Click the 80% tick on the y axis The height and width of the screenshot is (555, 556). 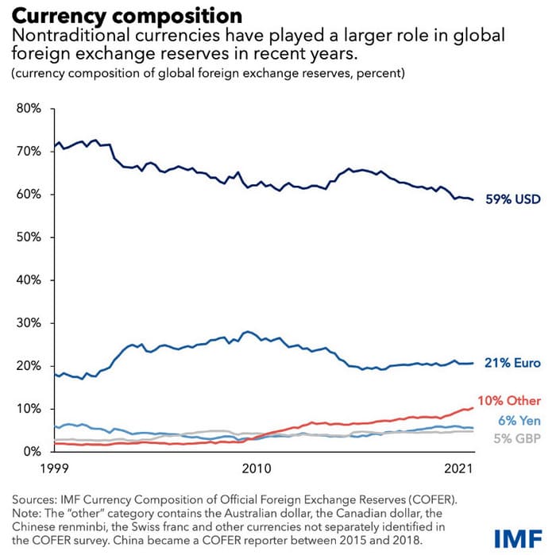tap(29, 108)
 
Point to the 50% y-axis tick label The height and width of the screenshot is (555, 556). tap(29, 237)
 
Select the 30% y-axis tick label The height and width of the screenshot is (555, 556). tap(29, 323)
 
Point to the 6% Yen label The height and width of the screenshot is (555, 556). tap(519, 421)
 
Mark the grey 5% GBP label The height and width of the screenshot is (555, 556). tap(519, 437)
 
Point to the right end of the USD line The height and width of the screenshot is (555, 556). tap(473, 200)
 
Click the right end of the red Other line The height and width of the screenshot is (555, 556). tap(473, 408)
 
